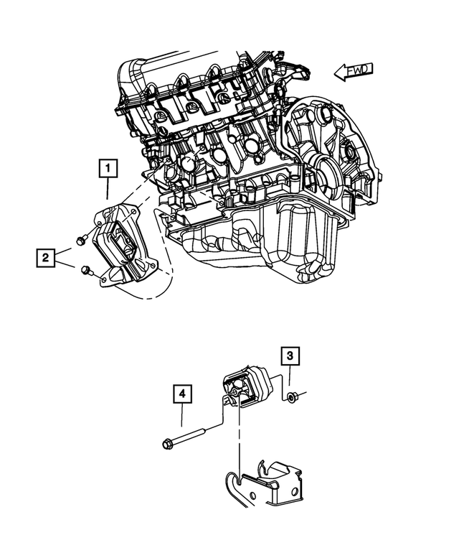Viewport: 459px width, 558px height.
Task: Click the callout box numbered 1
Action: pos(108,169)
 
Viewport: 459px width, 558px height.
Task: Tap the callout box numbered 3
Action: pos(290,355)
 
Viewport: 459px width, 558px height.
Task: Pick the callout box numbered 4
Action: pos(182,394)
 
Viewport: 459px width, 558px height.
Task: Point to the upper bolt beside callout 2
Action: pos(80,240)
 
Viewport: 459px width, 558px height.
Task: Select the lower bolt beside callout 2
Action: pos(86,270)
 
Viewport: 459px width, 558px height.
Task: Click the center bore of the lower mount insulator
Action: pos(235,392)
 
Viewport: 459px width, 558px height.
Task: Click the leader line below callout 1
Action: pos(108,190)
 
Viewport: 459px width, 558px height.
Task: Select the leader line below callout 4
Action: pos(182,419)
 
